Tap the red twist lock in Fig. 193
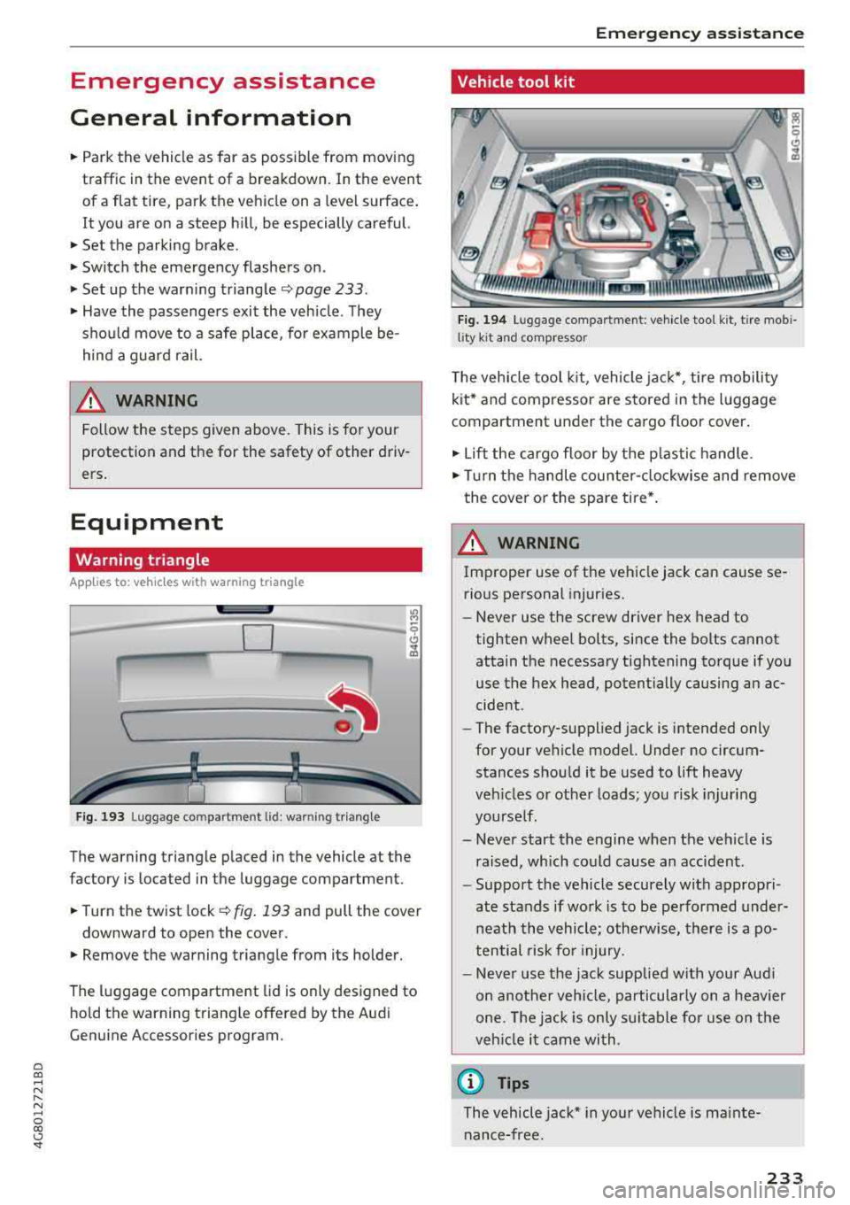click(x=344, y=727)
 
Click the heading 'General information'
click(x=211, y=118)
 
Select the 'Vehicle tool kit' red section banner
click(x=627, y=82)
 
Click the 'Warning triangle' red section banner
click(x=245, y=560)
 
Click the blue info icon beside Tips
click(x=470, y=1082)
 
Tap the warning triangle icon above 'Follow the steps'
click(x=89, y=400)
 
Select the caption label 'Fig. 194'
click(x=482, y=320)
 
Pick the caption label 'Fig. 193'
click(x=100, y=817)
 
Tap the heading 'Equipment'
click(x=147, y=522)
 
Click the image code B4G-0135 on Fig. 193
click(x=412, y=631)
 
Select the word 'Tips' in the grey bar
click(x=514, y=1083)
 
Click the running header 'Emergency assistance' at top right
click(x=699, y=34)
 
